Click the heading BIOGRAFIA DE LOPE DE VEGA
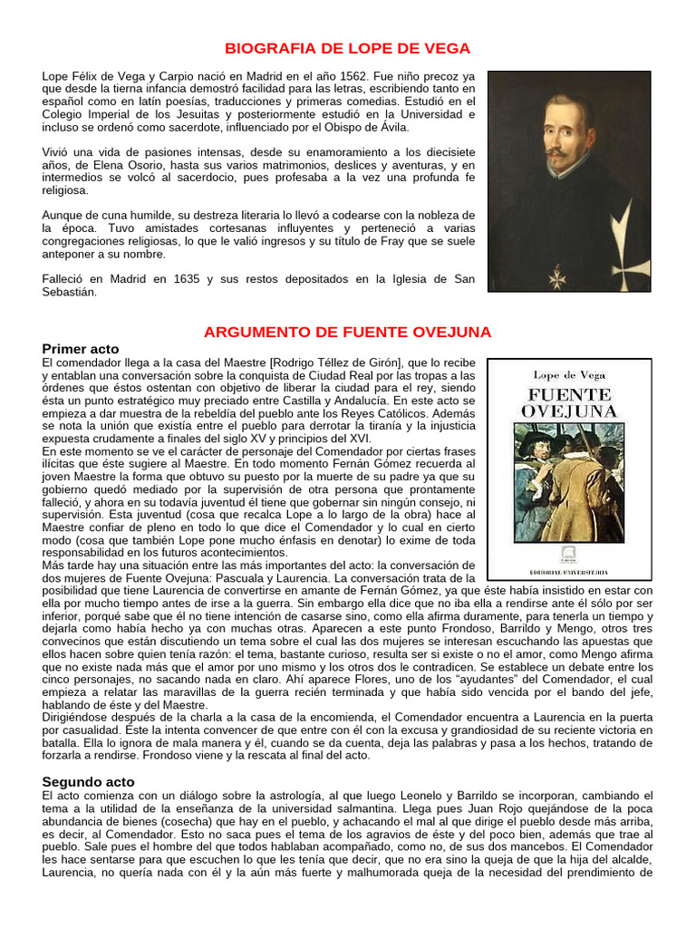pos(347,48)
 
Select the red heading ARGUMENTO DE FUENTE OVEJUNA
pos(347,332)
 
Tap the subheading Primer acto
pos(81,349)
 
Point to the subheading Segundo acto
pos(88,781)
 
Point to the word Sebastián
pos(70,293)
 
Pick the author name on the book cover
pos(568,374)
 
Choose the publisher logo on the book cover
pos(568,556)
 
